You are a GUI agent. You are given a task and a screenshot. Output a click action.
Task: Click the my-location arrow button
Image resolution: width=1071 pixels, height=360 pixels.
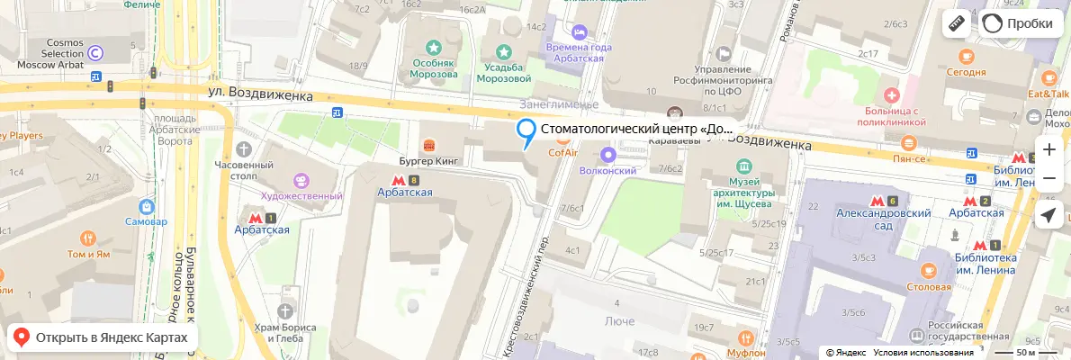pyautogui.click(x=1048, y=215)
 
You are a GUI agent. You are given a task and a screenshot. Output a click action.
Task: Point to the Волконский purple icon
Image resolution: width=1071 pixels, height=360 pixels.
pyautogui.click(x=608, y=154)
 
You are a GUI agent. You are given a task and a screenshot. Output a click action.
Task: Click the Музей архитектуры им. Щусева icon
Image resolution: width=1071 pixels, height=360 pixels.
pyautogui.click(x=743, y=166)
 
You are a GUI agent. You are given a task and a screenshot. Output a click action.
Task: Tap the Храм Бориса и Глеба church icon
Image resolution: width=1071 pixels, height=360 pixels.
pyautogui.click(x=286, y=310)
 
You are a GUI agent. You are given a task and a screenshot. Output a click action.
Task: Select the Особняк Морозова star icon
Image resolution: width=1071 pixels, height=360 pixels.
pyautogui.click(x=434, y=47)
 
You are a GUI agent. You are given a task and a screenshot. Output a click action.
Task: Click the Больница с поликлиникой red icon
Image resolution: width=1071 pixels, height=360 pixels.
pyautogui.click(x=892, y=94)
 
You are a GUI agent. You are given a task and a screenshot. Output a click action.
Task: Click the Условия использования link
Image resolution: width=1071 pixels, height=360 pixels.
pyautogui.click(x=922, y=353)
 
